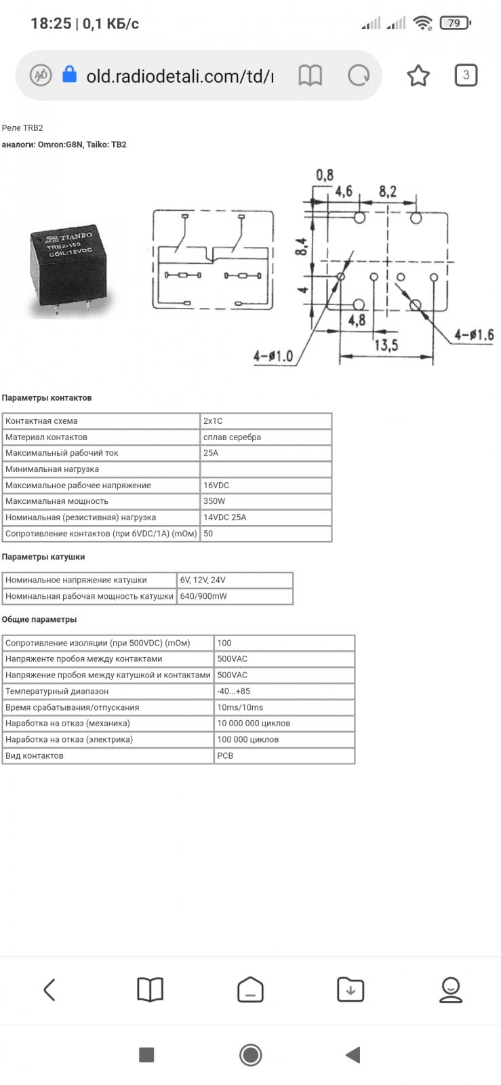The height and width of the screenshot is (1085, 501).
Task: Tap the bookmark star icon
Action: click(418, 75)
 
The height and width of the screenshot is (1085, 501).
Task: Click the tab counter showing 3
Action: click(466, 75)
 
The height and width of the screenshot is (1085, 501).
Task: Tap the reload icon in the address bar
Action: click(358, 75)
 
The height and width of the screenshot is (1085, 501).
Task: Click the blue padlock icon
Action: click(69, 75)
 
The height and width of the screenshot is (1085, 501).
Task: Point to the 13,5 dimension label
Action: click(385, 344)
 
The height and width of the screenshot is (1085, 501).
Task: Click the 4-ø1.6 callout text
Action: click(474, 335)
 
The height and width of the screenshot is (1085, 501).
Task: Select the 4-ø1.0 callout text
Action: click(273, 356)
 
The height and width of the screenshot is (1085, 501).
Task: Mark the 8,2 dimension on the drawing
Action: click(387, 192)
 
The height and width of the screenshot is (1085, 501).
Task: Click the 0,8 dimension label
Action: click(325, 176)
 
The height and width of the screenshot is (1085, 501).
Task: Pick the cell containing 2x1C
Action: click(266, 421)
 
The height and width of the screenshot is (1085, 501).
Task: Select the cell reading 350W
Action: click(266, 501)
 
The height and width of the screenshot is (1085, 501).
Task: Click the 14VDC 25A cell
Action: click(266, 517)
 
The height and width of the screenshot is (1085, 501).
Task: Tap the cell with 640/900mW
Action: click(235, 596)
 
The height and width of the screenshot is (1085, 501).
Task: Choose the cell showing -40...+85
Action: click(284, 691)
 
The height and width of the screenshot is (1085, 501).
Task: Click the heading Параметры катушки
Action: click(43, 557)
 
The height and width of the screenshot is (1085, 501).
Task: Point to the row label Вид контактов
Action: click(35, 755)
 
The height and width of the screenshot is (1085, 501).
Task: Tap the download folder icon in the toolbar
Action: click(350, 990)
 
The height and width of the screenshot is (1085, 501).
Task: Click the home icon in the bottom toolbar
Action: click(250, 990)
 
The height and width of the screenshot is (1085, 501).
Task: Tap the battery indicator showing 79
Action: click(454, 24)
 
